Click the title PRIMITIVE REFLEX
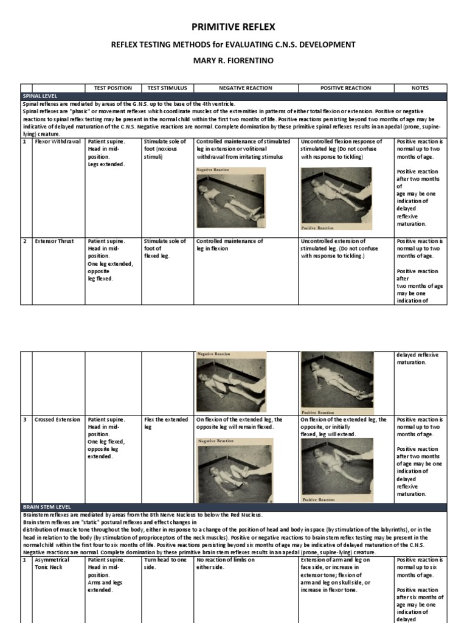233,27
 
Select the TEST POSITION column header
113,88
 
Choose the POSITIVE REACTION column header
345,88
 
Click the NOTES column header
420,88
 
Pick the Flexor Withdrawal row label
58,142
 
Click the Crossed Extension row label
57,420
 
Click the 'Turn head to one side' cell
166,563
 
